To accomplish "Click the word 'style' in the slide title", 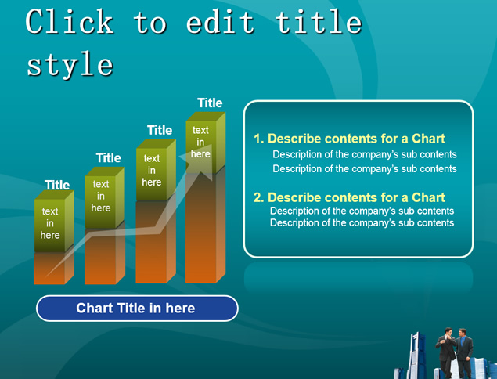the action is coord(70,65).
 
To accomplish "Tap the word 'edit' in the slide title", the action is coord(220,22).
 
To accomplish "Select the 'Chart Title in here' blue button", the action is coord(137,309).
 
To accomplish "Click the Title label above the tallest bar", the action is coord(210,103).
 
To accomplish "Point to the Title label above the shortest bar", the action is coord(57,185).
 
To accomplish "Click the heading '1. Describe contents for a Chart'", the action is coord(349,139).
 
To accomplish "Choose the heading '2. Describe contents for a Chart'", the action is coord(349,197).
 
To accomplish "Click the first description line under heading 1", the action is coord(365,154).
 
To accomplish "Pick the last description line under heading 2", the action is coord(362,223).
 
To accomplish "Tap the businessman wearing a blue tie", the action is coord(464,352).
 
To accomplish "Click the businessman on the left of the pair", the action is coord(446,352).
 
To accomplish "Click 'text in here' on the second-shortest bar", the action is coord(101,196).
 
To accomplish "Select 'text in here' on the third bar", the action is coord(152,170).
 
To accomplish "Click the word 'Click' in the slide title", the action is coord(70,22).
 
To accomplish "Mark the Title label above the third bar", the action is coord(160,130).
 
